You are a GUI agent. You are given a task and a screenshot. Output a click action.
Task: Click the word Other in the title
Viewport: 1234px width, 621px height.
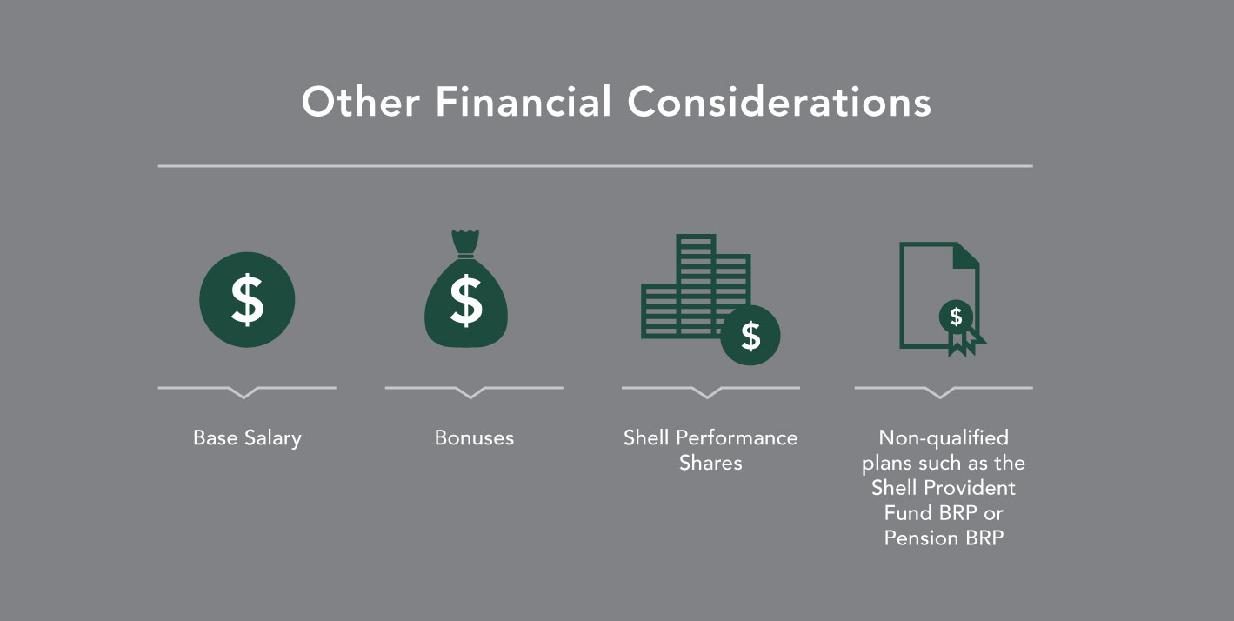pos(361,102)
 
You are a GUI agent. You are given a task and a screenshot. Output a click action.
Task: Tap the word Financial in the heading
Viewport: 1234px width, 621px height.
pos(524,102)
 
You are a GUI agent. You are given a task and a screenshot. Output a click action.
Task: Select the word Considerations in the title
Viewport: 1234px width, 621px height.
pos(779,102)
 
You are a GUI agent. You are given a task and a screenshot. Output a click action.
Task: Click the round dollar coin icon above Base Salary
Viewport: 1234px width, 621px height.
pos(247,300)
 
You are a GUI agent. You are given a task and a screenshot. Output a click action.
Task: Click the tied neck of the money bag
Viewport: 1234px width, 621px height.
pos(465,255)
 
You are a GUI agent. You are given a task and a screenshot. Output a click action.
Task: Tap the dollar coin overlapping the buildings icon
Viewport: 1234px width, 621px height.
pos(750,336)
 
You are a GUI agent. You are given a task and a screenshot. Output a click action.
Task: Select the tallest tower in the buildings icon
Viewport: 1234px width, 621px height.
pos(697,284)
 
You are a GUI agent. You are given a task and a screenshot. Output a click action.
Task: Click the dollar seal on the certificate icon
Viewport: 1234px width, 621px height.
pos(956,317)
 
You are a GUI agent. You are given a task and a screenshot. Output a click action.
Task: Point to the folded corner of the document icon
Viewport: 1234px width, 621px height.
pos(965,255)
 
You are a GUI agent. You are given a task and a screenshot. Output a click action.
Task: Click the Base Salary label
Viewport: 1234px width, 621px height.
pos(247,438)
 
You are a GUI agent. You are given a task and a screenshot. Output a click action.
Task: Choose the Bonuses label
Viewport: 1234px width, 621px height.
pos(474,438)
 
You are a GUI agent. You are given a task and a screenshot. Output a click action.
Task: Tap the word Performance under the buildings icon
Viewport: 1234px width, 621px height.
pos(737,438)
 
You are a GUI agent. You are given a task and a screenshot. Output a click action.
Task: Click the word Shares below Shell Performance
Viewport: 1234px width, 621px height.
pos(710,463)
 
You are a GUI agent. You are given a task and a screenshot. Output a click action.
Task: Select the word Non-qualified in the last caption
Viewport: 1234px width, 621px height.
pos(944,438)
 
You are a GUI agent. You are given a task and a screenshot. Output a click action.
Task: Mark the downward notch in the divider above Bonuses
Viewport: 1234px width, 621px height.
pos(470,393)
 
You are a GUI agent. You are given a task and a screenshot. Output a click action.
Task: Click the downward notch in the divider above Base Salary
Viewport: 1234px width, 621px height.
pos(243,393)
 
